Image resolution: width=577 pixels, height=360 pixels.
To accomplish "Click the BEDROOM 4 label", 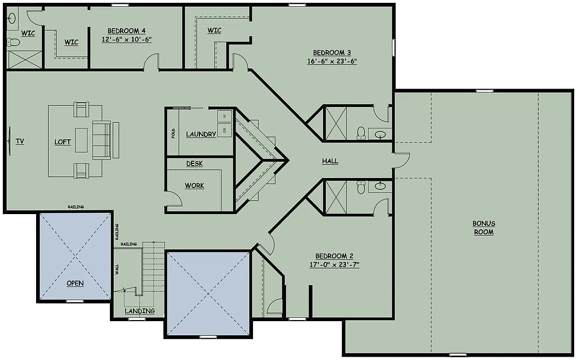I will (x=126, y=30).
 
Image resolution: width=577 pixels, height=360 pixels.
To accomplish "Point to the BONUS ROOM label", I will (x=483, y=228).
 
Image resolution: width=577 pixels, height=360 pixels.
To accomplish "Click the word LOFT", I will (x=63, y=142).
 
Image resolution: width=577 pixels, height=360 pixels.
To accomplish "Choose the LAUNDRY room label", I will (x=201, y=134).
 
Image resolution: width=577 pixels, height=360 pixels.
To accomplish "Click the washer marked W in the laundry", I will (x=224, y=116).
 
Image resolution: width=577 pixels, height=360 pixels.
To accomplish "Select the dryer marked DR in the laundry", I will (x=224, y=130).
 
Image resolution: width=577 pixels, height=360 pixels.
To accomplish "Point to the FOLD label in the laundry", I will (x=173, y=133).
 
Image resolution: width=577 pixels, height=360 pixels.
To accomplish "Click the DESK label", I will (x=194, y=164).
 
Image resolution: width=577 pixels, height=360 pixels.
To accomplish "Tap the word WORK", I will (x=194, y=185).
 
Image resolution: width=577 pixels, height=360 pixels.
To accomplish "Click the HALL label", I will (x=330, y=161).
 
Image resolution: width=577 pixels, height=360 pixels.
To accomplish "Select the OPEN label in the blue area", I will (x=75, y=283).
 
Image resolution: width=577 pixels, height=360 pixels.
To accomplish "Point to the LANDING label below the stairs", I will (x=140, y=311).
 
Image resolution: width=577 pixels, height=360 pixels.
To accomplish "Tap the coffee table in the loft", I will (x=82, y=140).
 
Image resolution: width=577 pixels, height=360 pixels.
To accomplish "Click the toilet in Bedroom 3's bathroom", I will (x=361, y=134).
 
